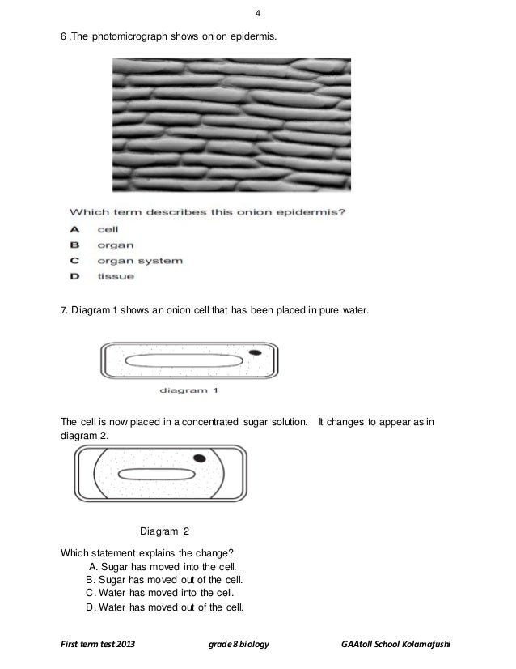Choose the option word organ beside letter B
(x=116, y=245)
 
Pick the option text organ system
(x=140, y=261)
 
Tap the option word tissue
(x=116, y=277)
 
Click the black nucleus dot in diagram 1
(x=255, y=352)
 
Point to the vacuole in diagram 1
(x=187, y=361)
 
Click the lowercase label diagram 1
(x=188, y=390)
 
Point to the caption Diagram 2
(x=164, y=531)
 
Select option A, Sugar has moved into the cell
(x=161, y=566)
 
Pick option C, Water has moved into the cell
(x=163, y=594)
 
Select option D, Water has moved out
(x=164, y=607)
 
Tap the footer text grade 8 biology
(x=239, y=645)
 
